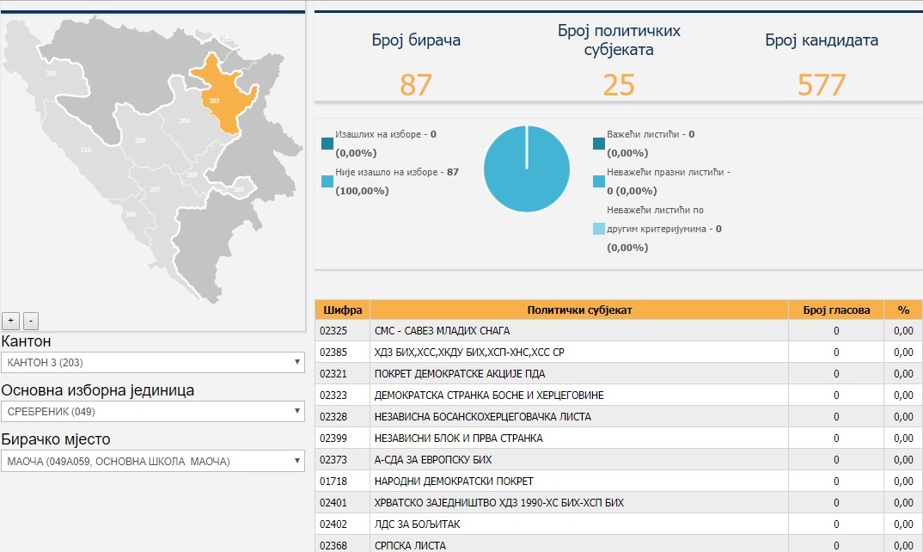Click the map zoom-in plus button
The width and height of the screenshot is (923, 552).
point(10,321)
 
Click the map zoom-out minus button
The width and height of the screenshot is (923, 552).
point(31,321)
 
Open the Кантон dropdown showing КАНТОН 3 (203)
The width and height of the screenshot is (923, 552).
point(152,362)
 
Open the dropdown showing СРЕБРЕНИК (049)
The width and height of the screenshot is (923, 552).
point(152,411)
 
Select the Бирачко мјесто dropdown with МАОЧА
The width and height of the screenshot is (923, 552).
point(152,461)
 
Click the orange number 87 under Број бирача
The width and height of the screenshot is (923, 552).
point(416,85)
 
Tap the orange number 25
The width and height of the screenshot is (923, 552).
point(619,85)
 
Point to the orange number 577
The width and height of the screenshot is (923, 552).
point(822,85)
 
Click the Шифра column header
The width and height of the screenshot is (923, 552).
point(343,310)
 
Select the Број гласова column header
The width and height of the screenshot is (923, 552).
point(836,310)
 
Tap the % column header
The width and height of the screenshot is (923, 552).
point(903,310)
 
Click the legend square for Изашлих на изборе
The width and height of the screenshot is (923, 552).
point(327,144)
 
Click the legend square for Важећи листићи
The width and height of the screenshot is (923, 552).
point(599,144)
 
